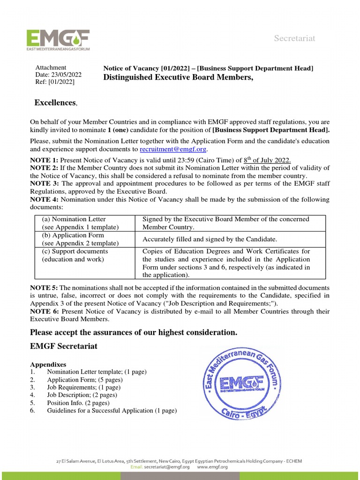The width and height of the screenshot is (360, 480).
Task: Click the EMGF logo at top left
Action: (x=58, y=40)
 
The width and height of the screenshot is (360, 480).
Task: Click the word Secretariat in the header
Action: (x=294, y=38)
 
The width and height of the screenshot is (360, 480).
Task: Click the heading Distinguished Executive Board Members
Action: (x=178, y=78)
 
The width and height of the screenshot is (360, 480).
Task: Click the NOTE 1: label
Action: (x=45, y=160)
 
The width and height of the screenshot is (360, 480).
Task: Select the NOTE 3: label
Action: (x=45, y=184)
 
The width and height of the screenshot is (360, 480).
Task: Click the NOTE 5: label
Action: (x=45, y=287)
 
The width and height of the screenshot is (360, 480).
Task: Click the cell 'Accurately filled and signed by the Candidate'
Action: (x=210, y=239)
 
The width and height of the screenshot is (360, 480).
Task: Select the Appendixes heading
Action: (x=48, y=364)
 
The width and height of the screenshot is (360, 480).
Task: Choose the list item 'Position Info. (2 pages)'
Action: (x=78, y=403)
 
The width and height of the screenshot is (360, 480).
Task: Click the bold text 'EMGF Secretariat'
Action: (x=64, y=347)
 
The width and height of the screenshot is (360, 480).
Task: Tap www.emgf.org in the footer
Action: (x=212, y=467)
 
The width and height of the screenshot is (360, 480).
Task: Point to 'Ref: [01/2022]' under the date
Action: (x=55, y=82)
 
